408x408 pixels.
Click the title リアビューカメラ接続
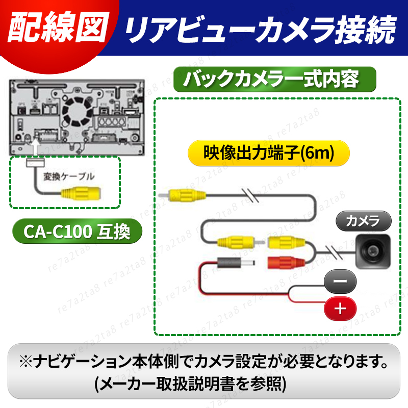tap(260, 30)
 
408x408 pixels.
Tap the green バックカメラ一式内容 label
tap(274, 80)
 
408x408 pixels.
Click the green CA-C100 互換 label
tap(76, 232)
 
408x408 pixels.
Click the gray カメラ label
tap(363, 221)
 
